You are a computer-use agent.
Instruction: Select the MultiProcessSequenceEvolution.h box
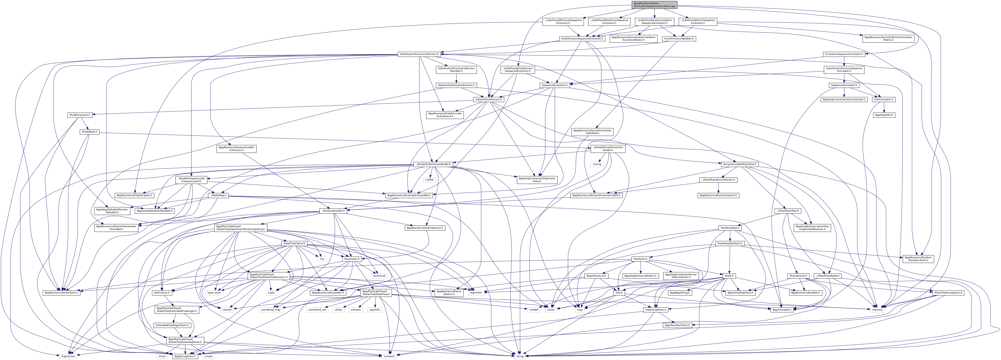[x=582, y=38]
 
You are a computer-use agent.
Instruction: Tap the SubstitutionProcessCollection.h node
[x=419, y=54]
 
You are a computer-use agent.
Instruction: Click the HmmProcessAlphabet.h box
[x=679, y=38]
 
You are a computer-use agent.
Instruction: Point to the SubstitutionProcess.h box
[x=488, y=99]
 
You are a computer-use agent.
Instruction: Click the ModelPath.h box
[x=89, y=132]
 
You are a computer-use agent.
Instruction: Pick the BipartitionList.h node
[x=596, y=276]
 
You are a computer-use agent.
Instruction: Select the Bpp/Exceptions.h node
[x=185, y=356]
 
